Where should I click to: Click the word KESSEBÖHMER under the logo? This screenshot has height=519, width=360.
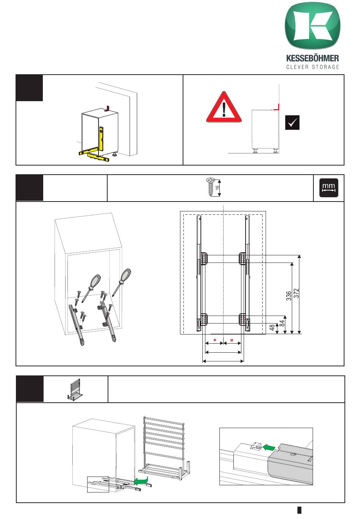click(x=312, y=59)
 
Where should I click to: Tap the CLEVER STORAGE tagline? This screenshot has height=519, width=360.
click(x=312, y=67)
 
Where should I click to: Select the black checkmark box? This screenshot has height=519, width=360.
click(x=292, y=123)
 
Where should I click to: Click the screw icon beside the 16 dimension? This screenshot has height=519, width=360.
click(x=209, y=187)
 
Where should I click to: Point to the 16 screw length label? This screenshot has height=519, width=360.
click(x=218, y=187)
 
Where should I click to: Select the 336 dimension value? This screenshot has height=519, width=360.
click(x=289, y=295)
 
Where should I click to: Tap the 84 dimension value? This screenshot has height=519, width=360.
click(x=282, y=324)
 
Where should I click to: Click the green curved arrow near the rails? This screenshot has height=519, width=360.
click(x=141, y=481)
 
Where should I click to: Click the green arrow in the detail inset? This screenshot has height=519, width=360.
click(x=268, y=447)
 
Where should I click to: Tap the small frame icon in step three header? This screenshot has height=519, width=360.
click(x=74, y=389)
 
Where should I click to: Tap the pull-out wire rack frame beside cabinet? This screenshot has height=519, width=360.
click(x=164, y=447)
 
